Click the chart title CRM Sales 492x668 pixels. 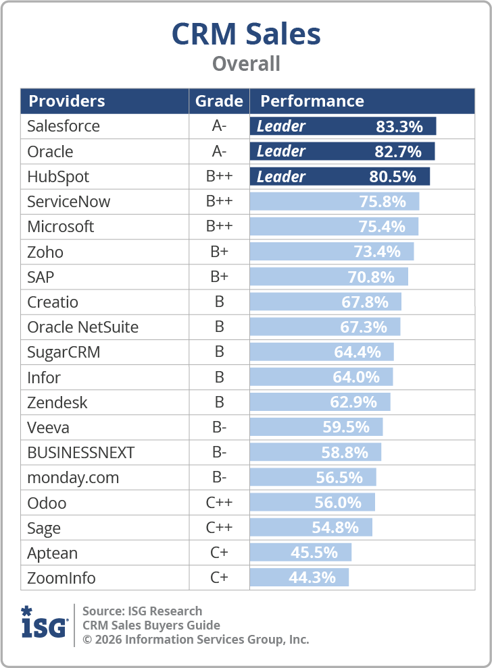click(x=246, y=34)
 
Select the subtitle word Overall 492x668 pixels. click(x=246, y=64)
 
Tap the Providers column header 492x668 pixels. click(x=66, y=101)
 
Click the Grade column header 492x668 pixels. click(x=219, y=101)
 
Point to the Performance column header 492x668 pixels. click(x=312, y=101)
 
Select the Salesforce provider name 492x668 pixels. click(x=64, y=126)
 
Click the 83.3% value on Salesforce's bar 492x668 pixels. click(x=399, y=126)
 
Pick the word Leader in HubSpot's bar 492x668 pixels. click(x=281, y=177)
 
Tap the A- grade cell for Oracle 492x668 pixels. click(x=219, y=151)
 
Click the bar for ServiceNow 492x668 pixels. click(x=334, y=201)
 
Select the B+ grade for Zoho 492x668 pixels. click(x=219, y=252)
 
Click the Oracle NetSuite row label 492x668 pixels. click(x=82, y=327)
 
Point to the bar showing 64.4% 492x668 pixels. click(x=322, y=352)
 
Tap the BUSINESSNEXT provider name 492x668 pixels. click(x=80, y=453)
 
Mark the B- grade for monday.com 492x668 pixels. click(x=219, y=478)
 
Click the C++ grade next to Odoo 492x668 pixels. click(x=219, y=503)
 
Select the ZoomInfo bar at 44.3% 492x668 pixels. click(x=299, y=578)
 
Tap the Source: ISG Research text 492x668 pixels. click(x=142, y=611)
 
